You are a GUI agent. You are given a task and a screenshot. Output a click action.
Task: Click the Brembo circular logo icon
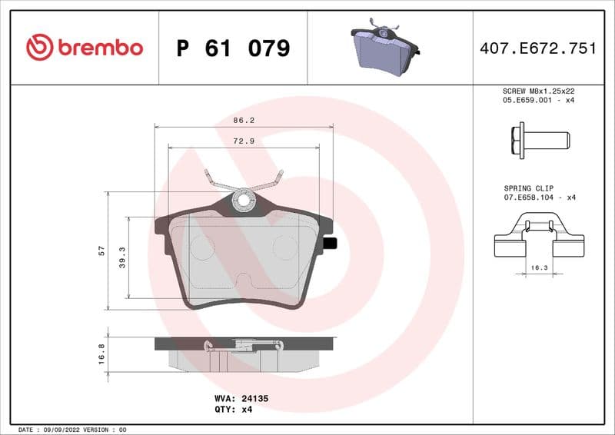[39, 48]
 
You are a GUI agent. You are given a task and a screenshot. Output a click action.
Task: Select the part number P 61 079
[232, 48]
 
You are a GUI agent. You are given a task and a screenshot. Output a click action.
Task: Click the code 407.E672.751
[537, 48]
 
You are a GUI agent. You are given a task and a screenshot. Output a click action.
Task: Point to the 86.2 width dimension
[244, 121]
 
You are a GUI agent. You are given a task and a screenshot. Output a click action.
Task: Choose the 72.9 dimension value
[244, 141]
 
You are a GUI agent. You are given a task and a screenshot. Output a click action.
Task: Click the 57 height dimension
[101, 251]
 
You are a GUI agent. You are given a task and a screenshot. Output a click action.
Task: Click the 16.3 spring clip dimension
[539, 268]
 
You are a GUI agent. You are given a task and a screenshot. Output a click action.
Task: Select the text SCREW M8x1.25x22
[539, 91]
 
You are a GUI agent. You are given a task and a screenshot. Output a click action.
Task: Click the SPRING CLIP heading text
[530, 188]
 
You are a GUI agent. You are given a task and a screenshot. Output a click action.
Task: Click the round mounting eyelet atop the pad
[244, 201]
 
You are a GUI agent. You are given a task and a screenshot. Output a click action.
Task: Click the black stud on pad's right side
[331, 244]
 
